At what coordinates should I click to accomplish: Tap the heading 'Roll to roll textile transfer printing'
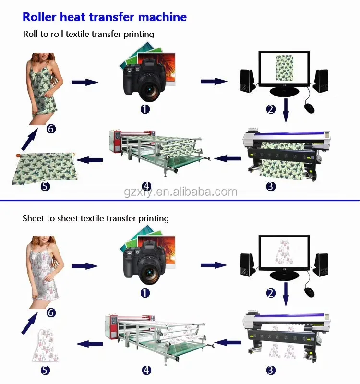[89, 34]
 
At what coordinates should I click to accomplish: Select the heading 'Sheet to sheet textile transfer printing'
[96, 218]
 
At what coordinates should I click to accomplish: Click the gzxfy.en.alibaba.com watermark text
[180, 192]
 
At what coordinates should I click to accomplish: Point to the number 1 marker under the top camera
[145, 109]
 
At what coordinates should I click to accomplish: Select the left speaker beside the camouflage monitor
[247, 82]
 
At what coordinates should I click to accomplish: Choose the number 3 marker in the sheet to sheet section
[271, 370]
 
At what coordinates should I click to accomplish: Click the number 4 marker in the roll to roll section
[147, 186]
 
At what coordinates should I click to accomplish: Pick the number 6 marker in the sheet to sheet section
[51, 312]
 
